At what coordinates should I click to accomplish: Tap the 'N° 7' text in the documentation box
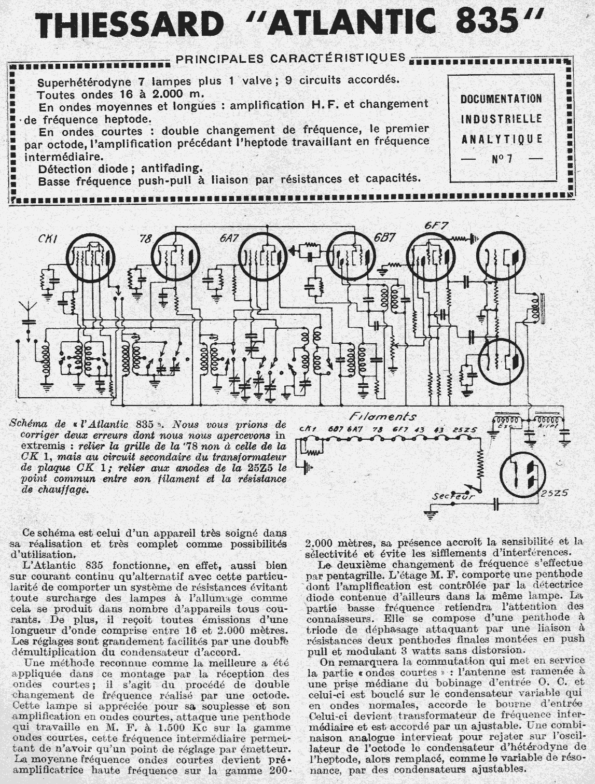pyautogui.click(x=502, y=159)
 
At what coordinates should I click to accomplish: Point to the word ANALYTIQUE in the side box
pyautogui.click(x=502, y=139)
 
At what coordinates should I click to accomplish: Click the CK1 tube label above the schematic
pyautogui.click(x=48, y=239)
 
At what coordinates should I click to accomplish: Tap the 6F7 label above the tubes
pyautogui.click(x=436, y=226)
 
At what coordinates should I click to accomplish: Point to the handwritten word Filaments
pyautogui.click(x=382, y=416)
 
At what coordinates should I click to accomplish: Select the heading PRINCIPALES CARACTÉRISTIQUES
pyautogui.click(x=290, y=58)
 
